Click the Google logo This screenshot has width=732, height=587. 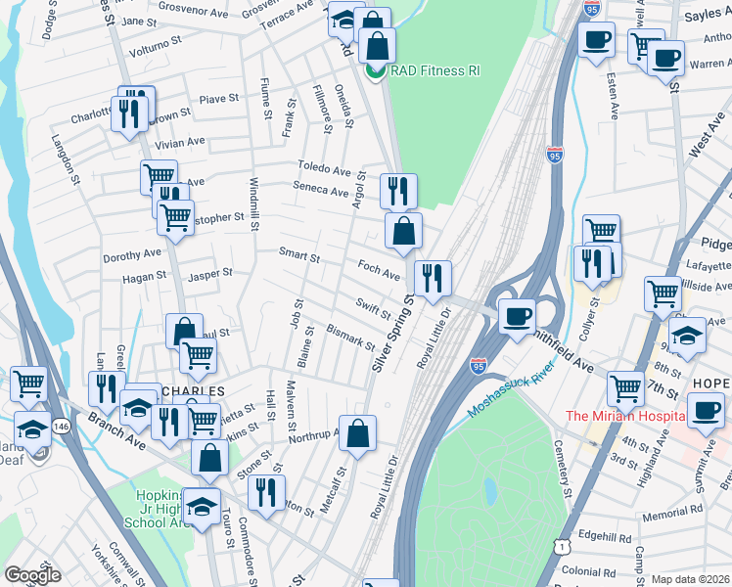click(31, 574)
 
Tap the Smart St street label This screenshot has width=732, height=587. click(299, 257)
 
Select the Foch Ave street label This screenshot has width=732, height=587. click(379, 271)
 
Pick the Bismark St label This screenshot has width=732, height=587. click(350, 338)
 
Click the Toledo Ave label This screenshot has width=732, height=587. click(324, 168)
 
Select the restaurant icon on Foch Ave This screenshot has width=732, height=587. click(432, 278)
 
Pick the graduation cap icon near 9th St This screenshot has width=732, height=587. click(688, 336)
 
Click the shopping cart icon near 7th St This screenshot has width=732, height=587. click(624, 387)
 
